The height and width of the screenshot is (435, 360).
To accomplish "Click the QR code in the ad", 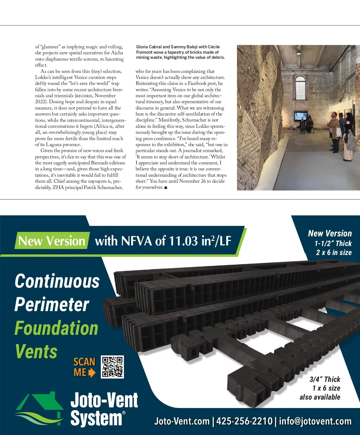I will (112, 367).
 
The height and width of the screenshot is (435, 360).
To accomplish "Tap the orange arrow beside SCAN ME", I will (92, 373).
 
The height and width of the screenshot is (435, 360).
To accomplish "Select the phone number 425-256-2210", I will (244, 421).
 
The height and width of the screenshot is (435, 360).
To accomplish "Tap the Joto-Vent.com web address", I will (182, 421).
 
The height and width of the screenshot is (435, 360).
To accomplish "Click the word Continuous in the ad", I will (57, 281).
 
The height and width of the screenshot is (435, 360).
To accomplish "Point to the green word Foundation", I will (56, 328).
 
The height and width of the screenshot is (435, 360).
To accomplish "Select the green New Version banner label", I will (52, 241).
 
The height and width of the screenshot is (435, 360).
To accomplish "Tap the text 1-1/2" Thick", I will (333, 243).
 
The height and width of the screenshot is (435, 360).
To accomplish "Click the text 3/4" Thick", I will (325, 379).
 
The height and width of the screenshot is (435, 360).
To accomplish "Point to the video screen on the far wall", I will (300, 116).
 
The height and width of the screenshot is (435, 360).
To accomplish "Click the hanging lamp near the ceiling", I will (298, 52).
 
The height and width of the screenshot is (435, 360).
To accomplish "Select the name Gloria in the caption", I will (142, 47).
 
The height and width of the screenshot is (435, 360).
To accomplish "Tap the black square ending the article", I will (166, 188).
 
